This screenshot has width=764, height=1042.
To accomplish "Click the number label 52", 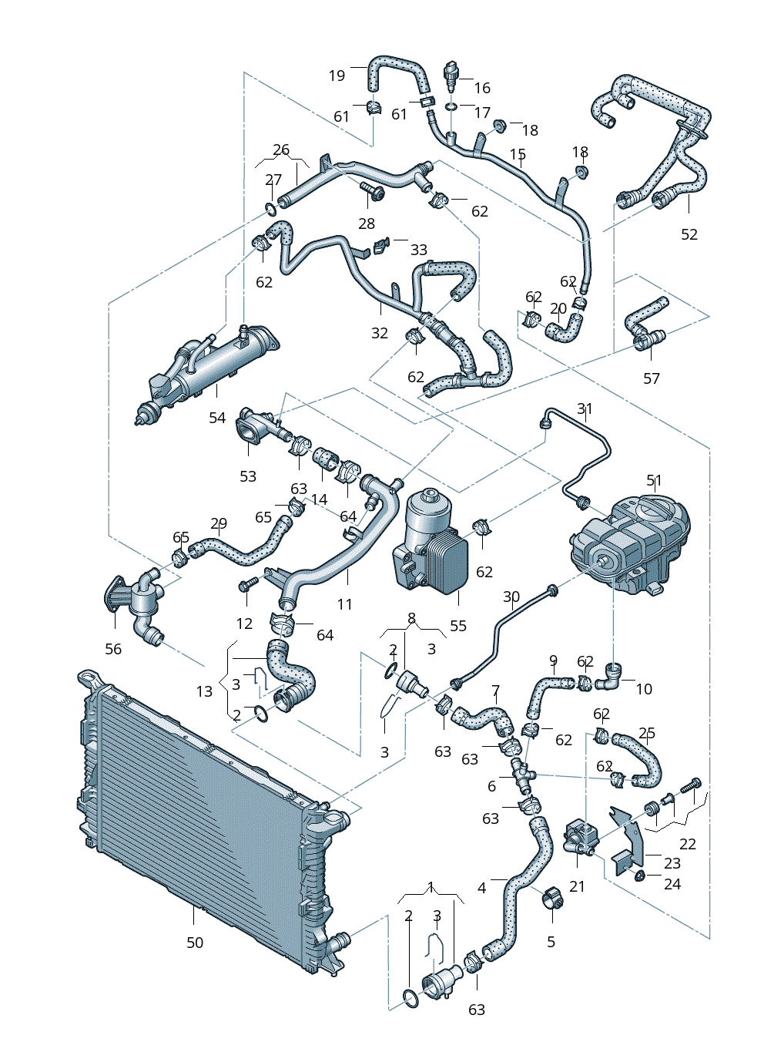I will [689, 234].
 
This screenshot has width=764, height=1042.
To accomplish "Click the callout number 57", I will [652, 378].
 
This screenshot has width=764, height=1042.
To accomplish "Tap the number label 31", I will [585, 408].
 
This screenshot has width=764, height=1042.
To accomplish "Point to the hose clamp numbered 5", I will [552, 897].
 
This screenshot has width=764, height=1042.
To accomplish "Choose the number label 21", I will [578, 886].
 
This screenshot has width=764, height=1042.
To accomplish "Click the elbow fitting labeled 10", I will [614, 676].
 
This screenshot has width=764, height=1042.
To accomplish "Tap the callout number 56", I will [113, 649].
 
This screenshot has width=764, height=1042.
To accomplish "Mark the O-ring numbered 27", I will [270, 209].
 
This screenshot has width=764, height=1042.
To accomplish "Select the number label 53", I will [248, 476].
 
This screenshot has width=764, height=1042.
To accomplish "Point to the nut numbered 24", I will [639, 876].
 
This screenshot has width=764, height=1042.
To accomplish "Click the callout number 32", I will [380, 333].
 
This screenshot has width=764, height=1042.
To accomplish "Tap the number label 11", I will [345, 604].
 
